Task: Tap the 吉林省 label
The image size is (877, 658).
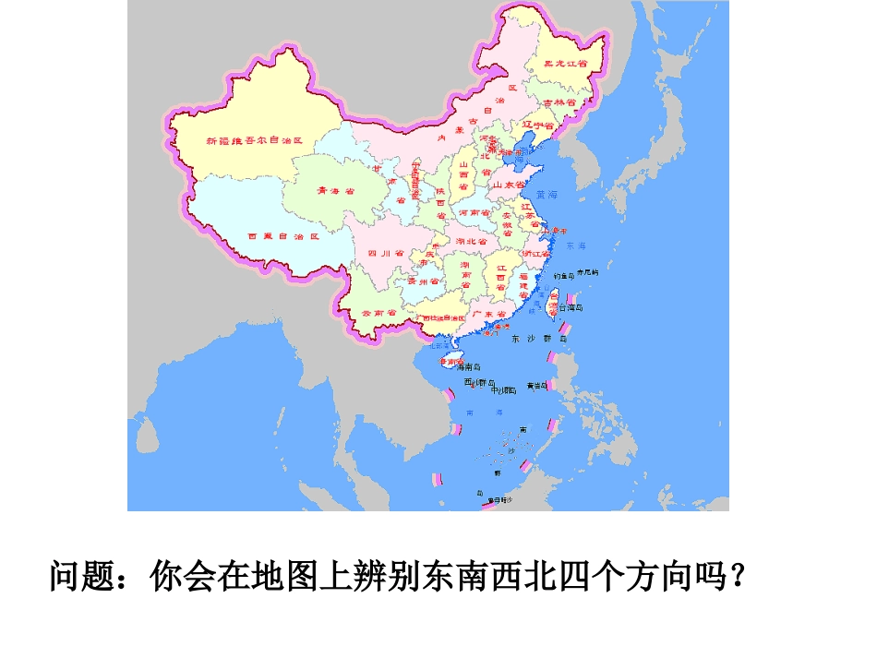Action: point(559,102)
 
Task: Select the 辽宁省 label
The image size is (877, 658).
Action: point(537,125)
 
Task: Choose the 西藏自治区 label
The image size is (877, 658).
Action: point(283,236)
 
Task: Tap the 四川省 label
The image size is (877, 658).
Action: point(387,252)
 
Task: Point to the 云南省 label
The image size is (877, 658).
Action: point(378,314)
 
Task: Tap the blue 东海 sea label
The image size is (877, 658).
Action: point(576,246)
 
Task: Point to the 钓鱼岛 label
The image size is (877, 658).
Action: point(563,274)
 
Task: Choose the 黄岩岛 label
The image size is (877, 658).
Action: point(537,386)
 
